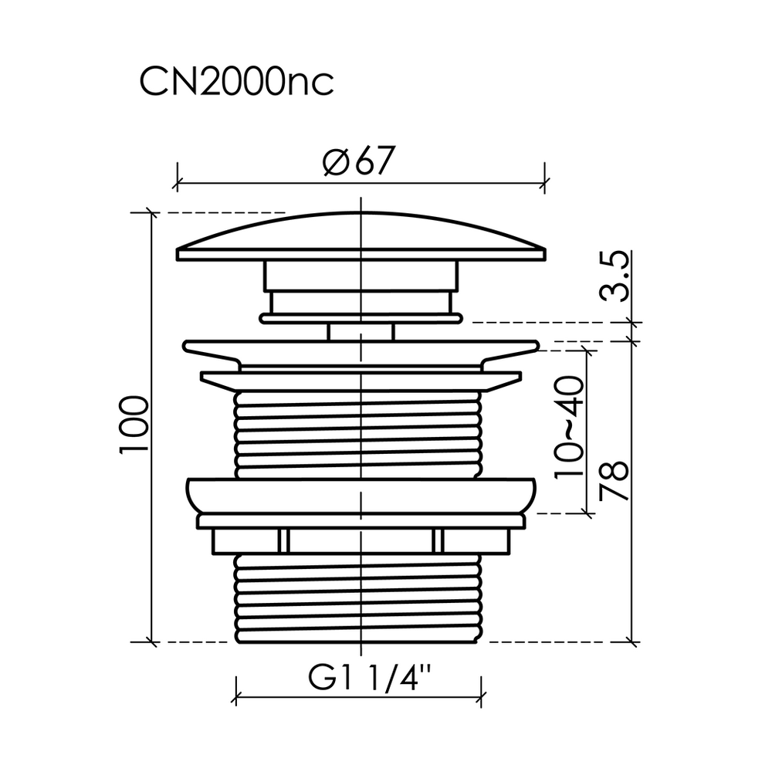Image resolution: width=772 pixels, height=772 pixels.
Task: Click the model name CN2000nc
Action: (236, 82)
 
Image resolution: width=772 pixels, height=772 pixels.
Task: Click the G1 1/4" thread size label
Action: (359, 681)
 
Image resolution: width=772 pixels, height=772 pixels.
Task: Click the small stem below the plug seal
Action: (361, 332)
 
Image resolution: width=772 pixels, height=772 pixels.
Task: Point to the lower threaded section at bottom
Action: (361, 598)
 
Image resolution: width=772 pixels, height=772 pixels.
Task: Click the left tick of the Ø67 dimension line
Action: (178, 183)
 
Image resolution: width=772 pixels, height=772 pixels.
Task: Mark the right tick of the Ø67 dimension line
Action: (546, 183)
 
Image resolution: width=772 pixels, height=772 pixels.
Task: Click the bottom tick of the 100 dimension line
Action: (151, 642)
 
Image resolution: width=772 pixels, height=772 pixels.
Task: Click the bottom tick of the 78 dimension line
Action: (633, 642)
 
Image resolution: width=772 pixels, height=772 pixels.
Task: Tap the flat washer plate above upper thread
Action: (361, 380)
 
